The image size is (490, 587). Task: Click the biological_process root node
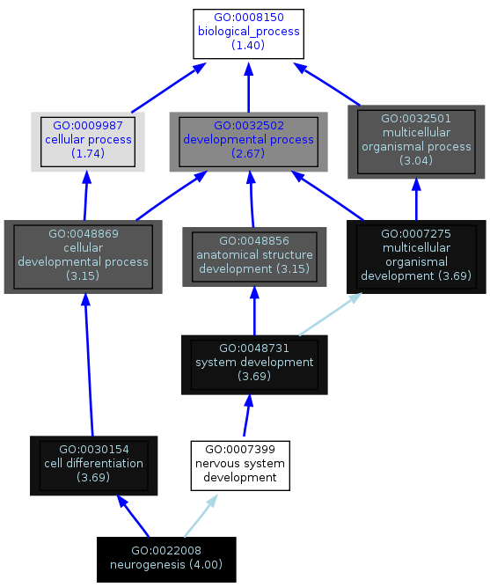(x=248, y=33)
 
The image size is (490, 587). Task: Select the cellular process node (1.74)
(x=88, y=142)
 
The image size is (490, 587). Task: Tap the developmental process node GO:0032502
(x=248, y=142)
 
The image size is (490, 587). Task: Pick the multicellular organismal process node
(x=416, y=142)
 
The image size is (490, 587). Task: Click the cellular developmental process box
(x=83, y=257)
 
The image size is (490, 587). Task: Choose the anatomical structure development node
(x=254, y=257)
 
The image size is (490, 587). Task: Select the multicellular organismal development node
(x=416, y=257)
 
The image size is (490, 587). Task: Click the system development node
(x=254, y=364)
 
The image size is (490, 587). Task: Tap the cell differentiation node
(x=93, y=466)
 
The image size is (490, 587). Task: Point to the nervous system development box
(x=240, y=466)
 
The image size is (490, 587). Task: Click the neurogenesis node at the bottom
(x=166, y=560)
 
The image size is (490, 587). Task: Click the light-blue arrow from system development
(x=331, y=314)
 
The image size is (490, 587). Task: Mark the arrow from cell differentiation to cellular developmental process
(x=89, y=364)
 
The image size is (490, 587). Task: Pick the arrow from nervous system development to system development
(x=246, y=415)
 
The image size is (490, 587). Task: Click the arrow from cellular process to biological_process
(x=168, y=88)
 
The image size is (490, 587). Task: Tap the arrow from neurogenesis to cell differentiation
(x=133, y=516)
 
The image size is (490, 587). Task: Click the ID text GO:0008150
(x=249, y=18)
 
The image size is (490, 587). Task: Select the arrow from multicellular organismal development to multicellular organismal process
(x=416, y=200)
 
